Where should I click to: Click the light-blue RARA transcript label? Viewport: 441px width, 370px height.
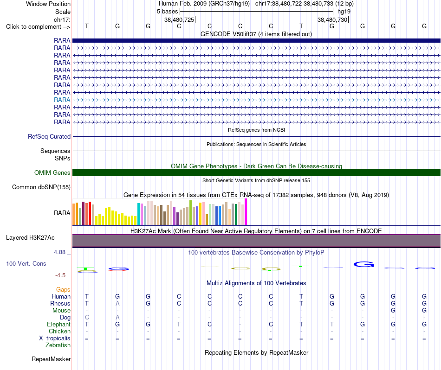click(x=62, y=100)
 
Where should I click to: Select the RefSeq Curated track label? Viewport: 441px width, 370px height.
click(x=49, y=136)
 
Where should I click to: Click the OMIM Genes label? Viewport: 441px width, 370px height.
click(x=52, y=172)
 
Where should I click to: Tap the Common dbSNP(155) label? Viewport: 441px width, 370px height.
click(x=41, y=187)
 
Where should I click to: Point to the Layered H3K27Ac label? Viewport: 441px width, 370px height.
click(x=30, y=238)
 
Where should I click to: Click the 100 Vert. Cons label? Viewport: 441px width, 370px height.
click(x=26, y=263)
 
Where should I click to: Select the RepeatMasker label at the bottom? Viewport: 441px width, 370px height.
click(x=51, y=359)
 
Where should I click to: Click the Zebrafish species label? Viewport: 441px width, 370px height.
click(x=58, y=345)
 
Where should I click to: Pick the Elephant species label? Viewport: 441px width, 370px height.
click(x=59, y=325)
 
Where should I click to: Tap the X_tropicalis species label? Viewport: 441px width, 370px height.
click(x=55, y=338)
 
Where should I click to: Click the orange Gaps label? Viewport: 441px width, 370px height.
click(x=63, y=290)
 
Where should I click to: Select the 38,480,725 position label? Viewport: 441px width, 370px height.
click(x=179, y=19)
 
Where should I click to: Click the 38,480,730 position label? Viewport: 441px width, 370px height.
click(x=332, y=19)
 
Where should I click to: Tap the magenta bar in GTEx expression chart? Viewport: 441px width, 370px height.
click(x=246, y=212)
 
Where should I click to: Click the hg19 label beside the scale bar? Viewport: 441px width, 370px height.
click(x=344, y=12)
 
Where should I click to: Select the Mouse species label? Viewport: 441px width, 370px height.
click(x=61, y=311)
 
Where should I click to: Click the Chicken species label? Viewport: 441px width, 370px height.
click(x=59, y=332)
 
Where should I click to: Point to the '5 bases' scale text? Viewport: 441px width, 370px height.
click(x=167, y=12)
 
